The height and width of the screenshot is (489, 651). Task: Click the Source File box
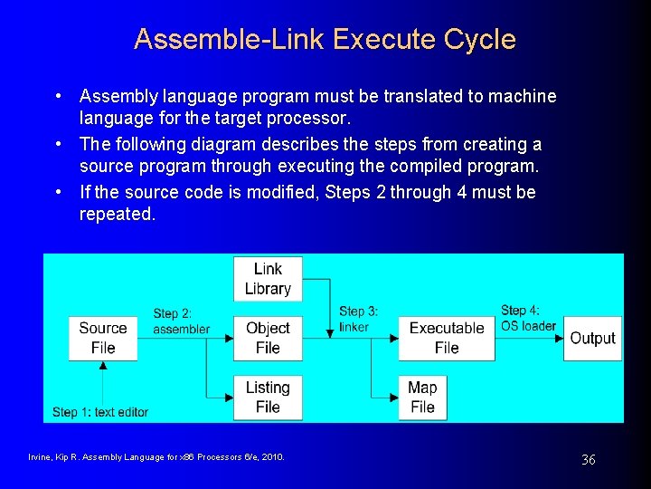click(103, 338)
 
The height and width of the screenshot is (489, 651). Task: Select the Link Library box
click(268, 279)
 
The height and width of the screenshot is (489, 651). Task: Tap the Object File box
click(268, 338)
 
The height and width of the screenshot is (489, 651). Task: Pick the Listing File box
click(268, 398)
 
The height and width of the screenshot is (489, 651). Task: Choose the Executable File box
click(447, 338)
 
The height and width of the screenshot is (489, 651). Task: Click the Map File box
click(422, 398)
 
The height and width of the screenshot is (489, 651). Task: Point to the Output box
click(592, 338)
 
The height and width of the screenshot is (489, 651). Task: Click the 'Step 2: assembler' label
click(181, 321)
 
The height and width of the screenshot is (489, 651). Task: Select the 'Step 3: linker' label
click(358, 319)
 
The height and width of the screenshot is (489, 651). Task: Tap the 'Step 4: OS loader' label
click(528, 318)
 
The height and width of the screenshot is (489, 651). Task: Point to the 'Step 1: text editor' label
click(100, 412)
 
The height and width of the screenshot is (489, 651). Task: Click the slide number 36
click(589, 460)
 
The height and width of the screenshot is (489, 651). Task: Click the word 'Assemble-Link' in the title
click(230, 40)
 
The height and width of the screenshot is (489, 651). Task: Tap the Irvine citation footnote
click(156, 457)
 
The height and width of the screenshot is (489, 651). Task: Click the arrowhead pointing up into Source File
click(103, 366)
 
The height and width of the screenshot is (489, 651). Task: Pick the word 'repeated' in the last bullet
click(114, 214)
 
